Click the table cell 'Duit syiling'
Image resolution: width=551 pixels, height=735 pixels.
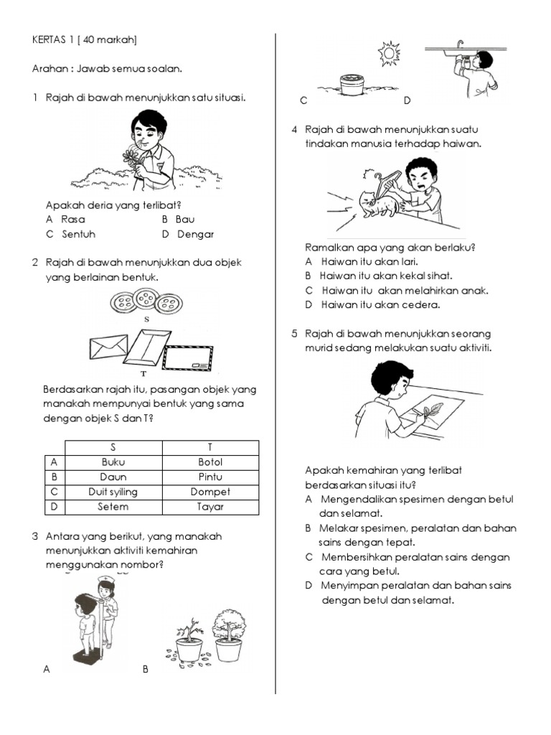(113, 492)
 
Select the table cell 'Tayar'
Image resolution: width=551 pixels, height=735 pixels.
(210, 506)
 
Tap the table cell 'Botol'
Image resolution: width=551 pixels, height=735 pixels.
(210, 462)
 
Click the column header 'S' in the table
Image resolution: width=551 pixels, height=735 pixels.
(113, 447)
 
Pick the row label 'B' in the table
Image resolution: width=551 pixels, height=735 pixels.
(54, 477)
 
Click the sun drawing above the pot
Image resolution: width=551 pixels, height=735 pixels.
(389, 52)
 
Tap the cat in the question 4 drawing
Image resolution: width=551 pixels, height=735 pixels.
(377, 203)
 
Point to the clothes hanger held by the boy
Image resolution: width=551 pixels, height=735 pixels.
(378, 180)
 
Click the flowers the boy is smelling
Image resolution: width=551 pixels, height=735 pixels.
(132, 159)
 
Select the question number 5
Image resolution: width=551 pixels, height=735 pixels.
(294, 334)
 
